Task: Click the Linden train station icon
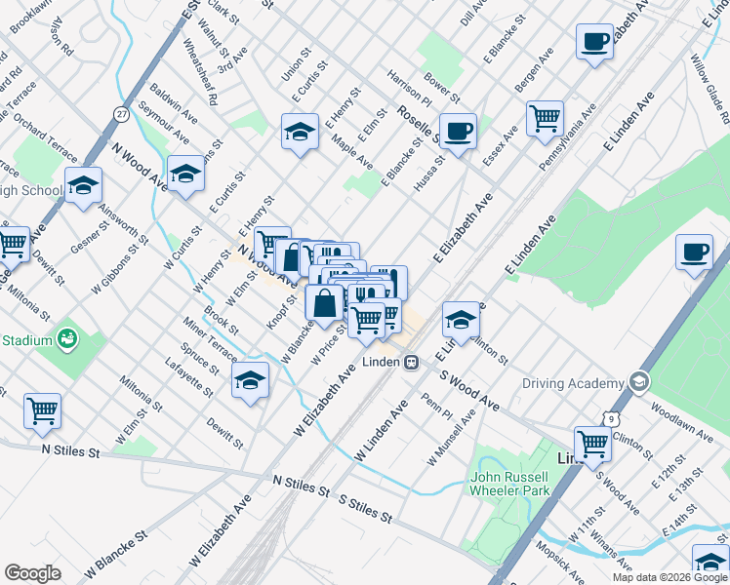coord(412,362)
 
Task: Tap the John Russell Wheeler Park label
coord(514,484)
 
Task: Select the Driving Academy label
coord(572,382)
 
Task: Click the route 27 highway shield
coord(121,113)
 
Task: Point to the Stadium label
coord(26,341)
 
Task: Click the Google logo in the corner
coord(32,573)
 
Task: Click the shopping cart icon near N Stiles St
coord(42,411)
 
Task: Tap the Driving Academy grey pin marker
coord(639,381)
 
